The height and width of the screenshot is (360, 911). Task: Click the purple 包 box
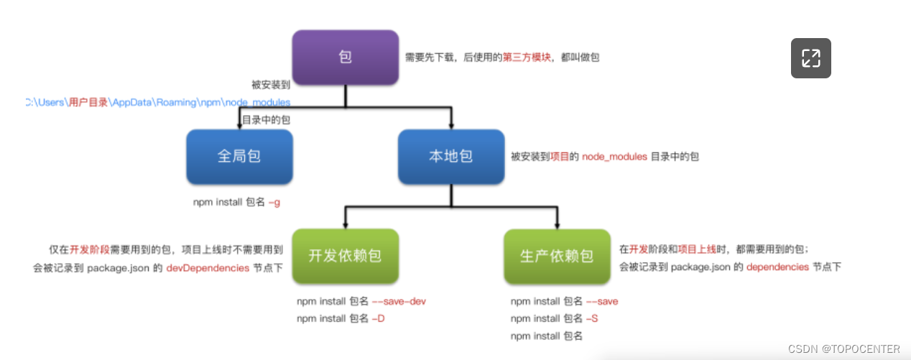345,57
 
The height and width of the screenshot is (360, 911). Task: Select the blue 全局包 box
239,156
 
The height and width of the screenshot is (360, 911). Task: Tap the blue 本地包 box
451,156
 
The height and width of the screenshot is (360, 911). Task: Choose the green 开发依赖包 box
345,256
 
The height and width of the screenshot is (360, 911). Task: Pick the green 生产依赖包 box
557,256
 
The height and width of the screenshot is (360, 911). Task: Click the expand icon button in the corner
811,57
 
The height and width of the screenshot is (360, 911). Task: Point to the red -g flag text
274,203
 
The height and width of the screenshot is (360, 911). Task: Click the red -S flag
592,318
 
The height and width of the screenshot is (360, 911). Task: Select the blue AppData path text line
157,103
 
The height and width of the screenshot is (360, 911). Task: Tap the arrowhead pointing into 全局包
239,124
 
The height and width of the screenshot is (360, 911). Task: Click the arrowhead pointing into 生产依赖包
557,223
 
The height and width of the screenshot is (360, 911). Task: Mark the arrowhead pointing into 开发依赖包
345,223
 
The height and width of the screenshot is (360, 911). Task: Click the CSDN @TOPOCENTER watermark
843,349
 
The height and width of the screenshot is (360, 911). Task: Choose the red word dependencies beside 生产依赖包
777,267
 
